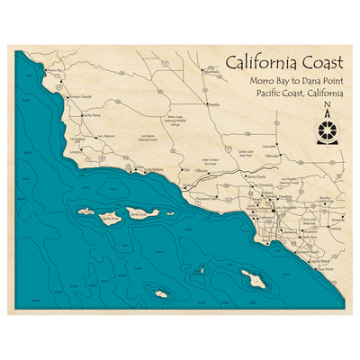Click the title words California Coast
(283, 64)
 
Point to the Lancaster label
(267, 145)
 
